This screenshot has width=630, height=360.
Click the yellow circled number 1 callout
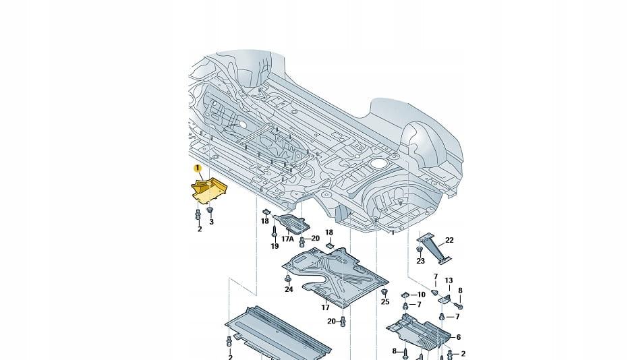pyautogui.click(x=198, y=168)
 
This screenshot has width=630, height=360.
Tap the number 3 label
pyautogui.click(x=210, y=221)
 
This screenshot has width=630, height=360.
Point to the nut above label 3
pyautogui.click(x=210, y=211)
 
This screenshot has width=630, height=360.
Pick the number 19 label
pyautogui.click(x=275, y=247)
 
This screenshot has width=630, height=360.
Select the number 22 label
pyautogui.click(x=449, y=240)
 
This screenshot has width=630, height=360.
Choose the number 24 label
pyautogui.click(x=289, y=289)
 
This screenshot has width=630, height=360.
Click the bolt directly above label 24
pyautogui.click(x=289, y=278)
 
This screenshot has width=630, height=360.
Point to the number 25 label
pyautogui.click(x=385, y=302)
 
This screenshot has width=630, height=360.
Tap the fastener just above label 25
pyautogui.click(x=384, y=293)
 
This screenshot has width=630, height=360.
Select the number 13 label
pyautogui.click(x=449, y=280)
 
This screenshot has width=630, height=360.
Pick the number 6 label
pyautogui.click(x=458, y=337)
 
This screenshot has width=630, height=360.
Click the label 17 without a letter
pyautogui.click(x=325, y=307)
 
